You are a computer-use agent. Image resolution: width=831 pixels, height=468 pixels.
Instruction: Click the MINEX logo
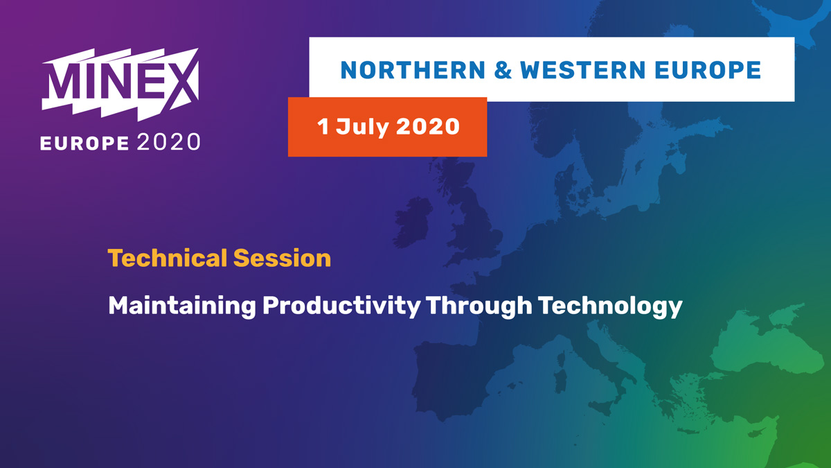click(120, 85)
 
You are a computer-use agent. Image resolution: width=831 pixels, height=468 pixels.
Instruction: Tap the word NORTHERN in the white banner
click(413, 70)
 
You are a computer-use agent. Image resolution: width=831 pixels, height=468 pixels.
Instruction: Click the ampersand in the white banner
click(503, 70)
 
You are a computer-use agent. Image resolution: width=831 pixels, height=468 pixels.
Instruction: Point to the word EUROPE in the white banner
click(708, 70)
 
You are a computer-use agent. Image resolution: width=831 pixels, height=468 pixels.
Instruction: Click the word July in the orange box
click(362, 128)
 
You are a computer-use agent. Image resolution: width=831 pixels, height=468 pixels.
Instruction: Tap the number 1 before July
click(323, 126)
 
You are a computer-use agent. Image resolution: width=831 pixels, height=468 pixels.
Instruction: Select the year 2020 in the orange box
click(428, 126)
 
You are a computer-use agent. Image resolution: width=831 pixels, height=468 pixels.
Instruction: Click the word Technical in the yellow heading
click(168, 258)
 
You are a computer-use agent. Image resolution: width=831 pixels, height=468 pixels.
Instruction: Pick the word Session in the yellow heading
click(282, 258)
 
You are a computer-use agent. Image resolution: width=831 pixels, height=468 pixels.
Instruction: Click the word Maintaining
click(181, 306)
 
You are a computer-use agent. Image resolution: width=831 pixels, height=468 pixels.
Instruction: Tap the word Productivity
click(341, 306)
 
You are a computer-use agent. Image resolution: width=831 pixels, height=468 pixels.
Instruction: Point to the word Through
click(479, 306)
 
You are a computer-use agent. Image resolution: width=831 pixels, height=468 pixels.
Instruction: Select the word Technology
click(610, 306)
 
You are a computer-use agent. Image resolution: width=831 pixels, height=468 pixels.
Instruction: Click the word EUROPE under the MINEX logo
click(84, 144)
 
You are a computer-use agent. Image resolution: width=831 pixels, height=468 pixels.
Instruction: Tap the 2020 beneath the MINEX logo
click(168, 142)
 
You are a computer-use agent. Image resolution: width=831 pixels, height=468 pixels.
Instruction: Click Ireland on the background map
click(413, 222)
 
